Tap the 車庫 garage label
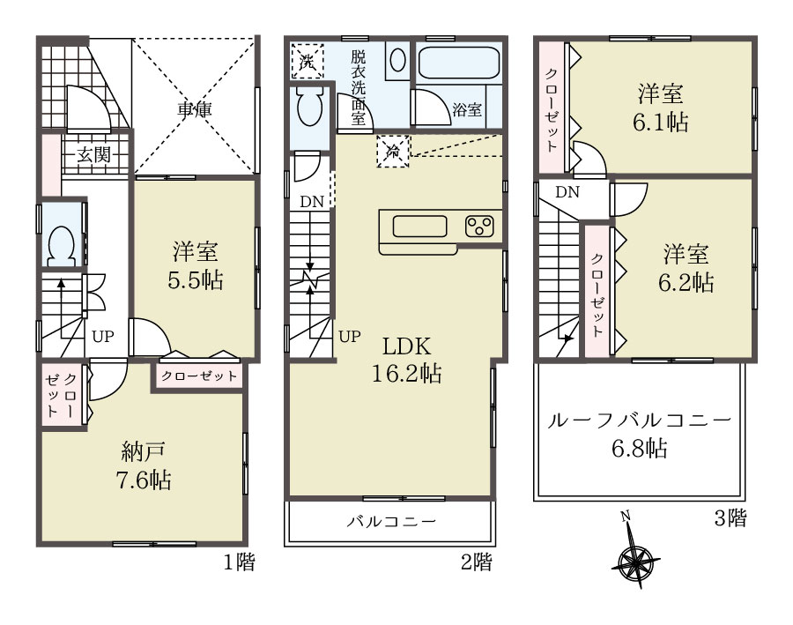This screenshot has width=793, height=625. pyautogui.click(x=195, y=109)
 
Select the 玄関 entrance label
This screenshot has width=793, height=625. pyautogui.click(x=94, y=154)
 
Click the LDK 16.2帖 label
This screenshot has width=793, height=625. pyautogui.click(x=406, y=360)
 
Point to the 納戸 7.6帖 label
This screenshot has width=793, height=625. pyautogui.click(x=145, y=465)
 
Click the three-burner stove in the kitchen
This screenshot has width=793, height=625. pyautogui.click(x=479, y=226)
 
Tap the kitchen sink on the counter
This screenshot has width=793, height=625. pyautogui.click(x=419, y=227)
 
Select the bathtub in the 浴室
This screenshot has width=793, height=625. pyautogui.click(x=459, y=63)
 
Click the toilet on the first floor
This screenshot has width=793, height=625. pyautogui.click(x=61, y=245)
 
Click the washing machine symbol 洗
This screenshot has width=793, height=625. pyautogui.click(x=307, y=61)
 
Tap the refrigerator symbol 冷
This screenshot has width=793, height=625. pyautogui.click(x=392, y=151)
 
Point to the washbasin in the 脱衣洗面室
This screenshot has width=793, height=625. pyautogui.click(x=398, y=61)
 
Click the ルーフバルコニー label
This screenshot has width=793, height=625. pyautogui.click(x=640, y=420)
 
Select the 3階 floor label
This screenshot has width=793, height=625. pyautogui.click(x=730, y=517)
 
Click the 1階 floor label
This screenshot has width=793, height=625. pyautogui.click(x=240, y=562)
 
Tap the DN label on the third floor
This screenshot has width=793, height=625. pyautogui.click(x=567, y=192)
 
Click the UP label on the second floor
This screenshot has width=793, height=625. pyautogui.click(x=350, y=337)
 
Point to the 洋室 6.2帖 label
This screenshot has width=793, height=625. pyautogui.click(x=686, y=268)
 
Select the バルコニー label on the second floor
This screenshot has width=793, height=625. pyautogui.click(x=391, y=521)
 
